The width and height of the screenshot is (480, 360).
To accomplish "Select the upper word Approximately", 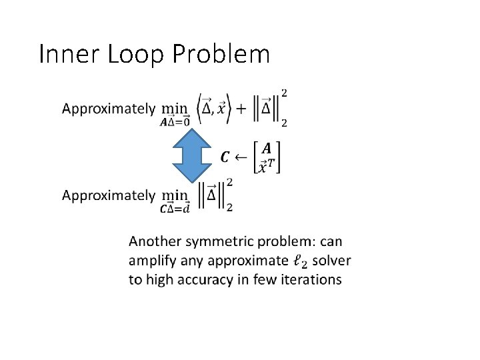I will pyautogui.click(x=108, y=109).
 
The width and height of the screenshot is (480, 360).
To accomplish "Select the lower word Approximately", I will pyautogui.click(x=108, y=195).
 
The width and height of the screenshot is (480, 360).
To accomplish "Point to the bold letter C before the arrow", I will pyautogui.click(x=225, y=157).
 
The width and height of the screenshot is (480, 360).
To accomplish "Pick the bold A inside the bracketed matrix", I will pyautogui.click(x=266, y=147).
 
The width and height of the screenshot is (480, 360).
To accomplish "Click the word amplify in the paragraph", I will pyautogui.click(x=151, y=260).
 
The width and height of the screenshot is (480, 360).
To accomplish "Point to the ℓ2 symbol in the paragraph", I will pyautogui.click(x=301, y=261).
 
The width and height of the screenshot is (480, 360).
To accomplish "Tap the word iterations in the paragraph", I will pyautogui.click(x=312, y=279).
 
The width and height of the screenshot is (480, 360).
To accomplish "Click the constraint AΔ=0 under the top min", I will pyautogui.click(x=175, y=122).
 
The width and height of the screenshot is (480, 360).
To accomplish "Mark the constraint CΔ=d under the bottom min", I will pyautogui.click(x=175, y=209).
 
